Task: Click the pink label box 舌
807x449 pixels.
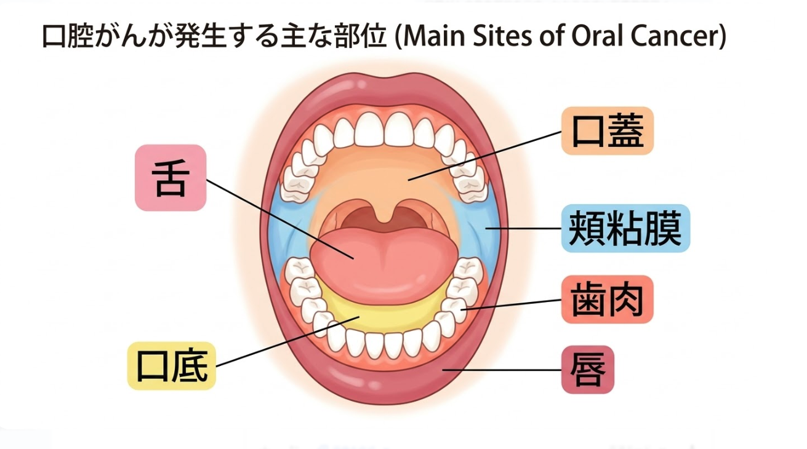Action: [x=170, y=178]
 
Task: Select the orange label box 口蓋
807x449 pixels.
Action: [x=607, y=131]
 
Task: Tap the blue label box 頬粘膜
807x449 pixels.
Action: [x=625, y=228]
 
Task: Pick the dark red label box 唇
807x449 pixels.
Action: [x=588, y=370]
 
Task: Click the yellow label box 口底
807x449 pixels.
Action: [x=171, y=366]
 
